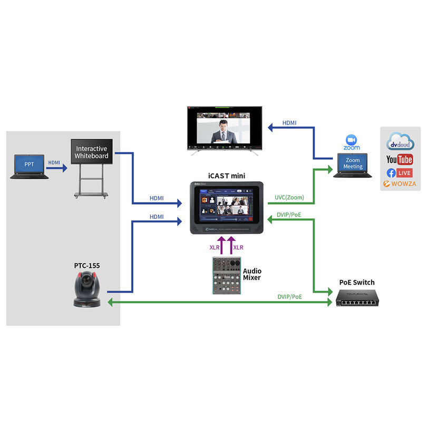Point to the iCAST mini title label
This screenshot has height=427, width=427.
click(227, 175)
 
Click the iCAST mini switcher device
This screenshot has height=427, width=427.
click(227, 208)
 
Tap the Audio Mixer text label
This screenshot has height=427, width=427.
click(251, 274)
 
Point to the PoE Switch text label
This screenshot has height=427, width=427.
click(357, 283)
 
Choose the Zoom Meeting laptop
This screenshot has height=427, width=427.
click(353, 164)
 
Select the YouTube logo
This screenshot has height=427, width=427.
click(400, 159)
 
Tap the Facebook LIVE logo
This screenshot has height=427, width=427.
click(400, 172)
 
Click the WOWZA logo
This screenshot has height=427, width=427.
click(400, 184)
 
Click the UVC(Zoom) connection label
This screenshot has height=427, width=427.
click(289, 198)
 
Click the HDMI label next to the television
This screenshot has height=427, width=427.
click(289, 123)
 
